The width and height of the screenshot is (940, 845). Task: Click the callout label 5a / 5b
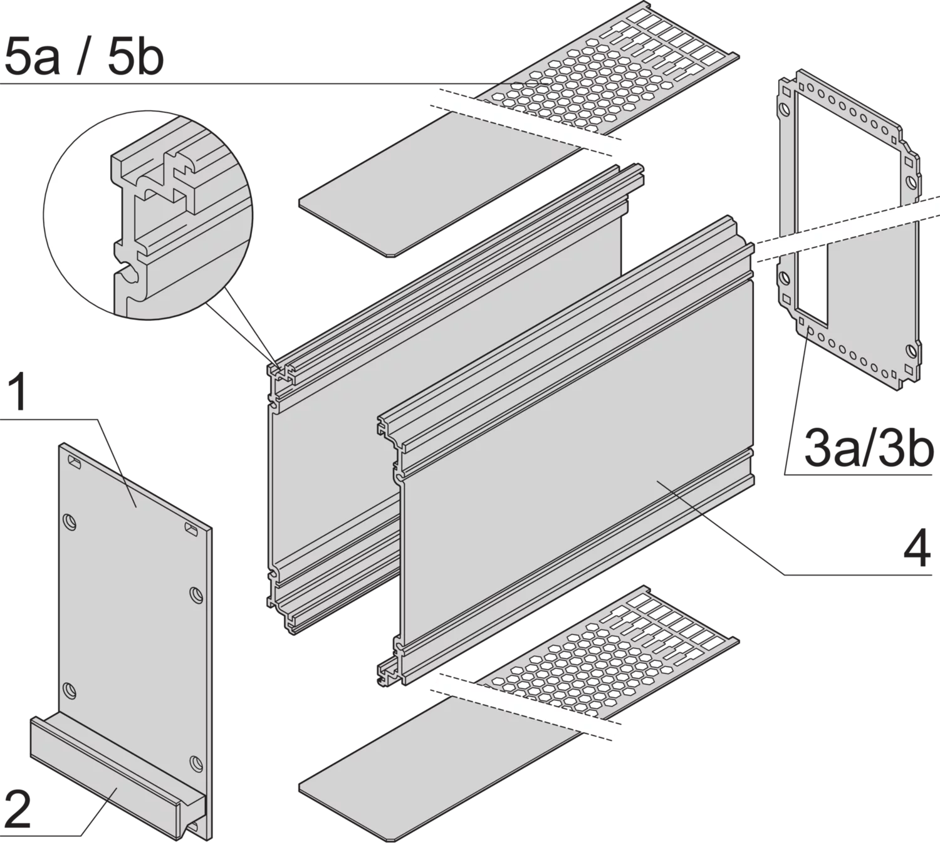[84, 58]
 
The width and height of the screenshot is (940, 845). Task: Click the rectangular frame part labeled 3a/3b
[850, 229]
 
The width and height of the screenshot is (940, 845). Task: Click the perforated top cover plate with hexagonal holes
[609, 70]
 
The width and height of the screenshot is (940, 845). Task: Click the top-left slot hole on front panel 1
[75, 463]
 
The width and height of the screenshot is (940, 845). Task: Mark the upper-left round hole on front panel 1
[70, 521]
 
